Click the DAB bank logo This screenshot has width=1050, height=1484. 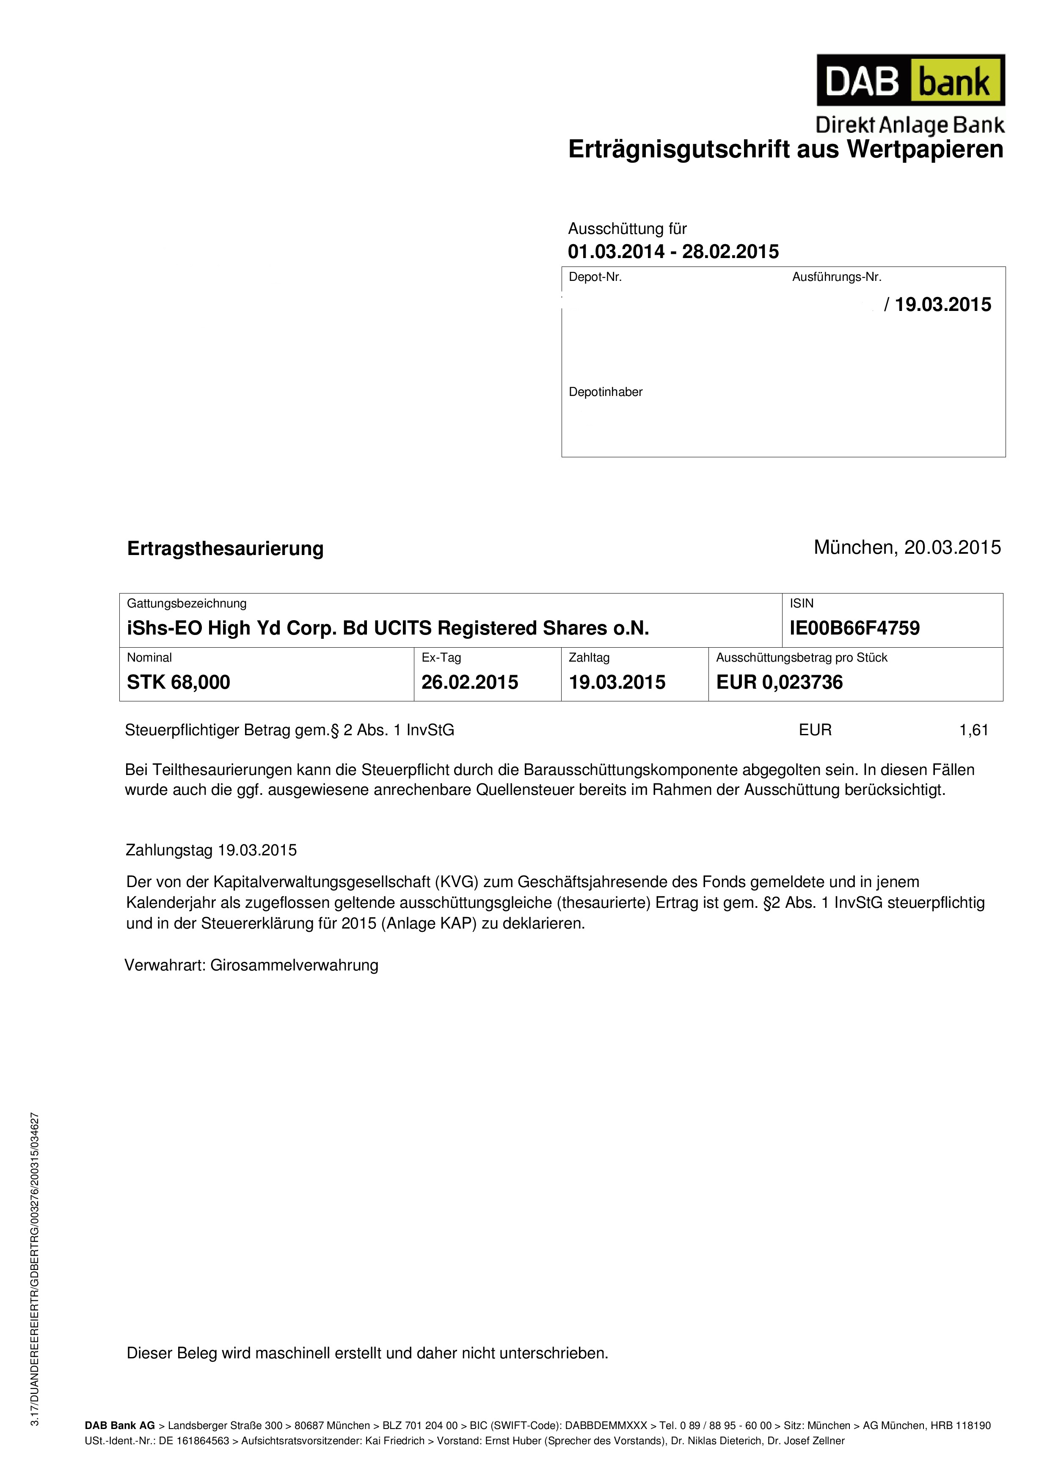click(x=910, y=80)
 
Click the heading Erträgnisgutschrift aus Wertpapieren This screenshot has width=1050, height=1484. click(x=785, y=149)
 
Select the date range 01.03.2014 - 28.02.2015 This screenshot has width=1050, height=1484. click(x=673, y=251)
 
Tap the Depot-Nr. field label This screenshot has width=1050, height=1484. click(x=595, y=277)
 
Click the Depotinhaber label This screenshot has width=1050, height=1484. click(x=605, y=392)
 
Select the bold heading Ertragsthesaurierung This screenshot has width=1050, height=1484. click(x=225, y=549)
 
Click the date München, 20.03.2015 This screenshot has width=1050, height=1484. click(x=907, y=547)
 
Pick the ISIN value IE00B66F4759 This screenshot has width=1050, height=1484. click(x=854, y=628)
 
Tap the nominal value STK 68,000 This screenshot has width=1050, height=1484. click(x=179, y=682)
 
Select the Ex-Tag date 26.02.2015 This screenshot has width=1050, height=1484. click(x=469, y=682)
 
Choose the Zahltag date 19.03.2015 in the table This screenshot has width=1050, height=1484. click(x=617, y=682)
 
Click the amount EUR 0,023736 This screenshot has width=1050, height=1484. click(x=779, y=682)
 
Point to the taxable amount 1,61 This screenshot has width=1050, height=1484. click(x=973, y=730)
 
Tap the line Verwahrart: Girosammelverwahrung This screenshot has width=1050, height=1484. click(x=251, y=966)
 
